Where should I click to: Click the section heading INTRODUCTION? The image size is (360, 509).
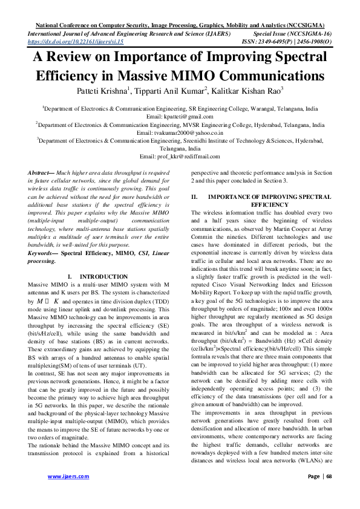click(104, 276)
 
